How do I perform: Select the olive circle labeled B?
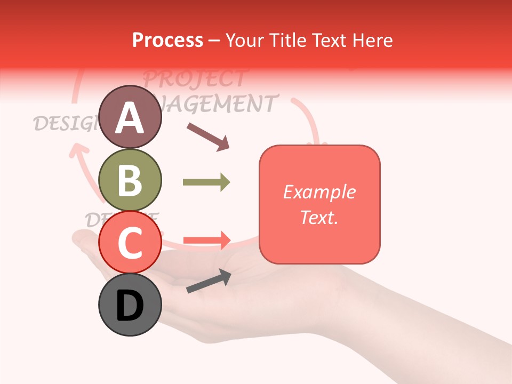click(130, 180)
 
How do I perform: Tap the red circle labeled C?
click(130, 242)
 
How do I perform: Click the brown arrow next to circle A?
click(208, 137)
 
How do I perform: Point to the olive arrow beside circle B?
click(206, 182)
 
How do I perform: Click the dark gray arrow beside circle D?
click(209, 281)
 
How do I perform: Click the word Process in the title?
click(167, 40)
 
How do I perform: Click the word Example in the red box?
click(319, 192)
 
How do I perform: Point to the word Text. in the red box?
click(319, 217)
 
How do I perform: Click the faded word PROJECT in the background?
click(194, 78)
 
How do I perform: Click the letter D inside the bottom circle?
click(130, 306)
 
